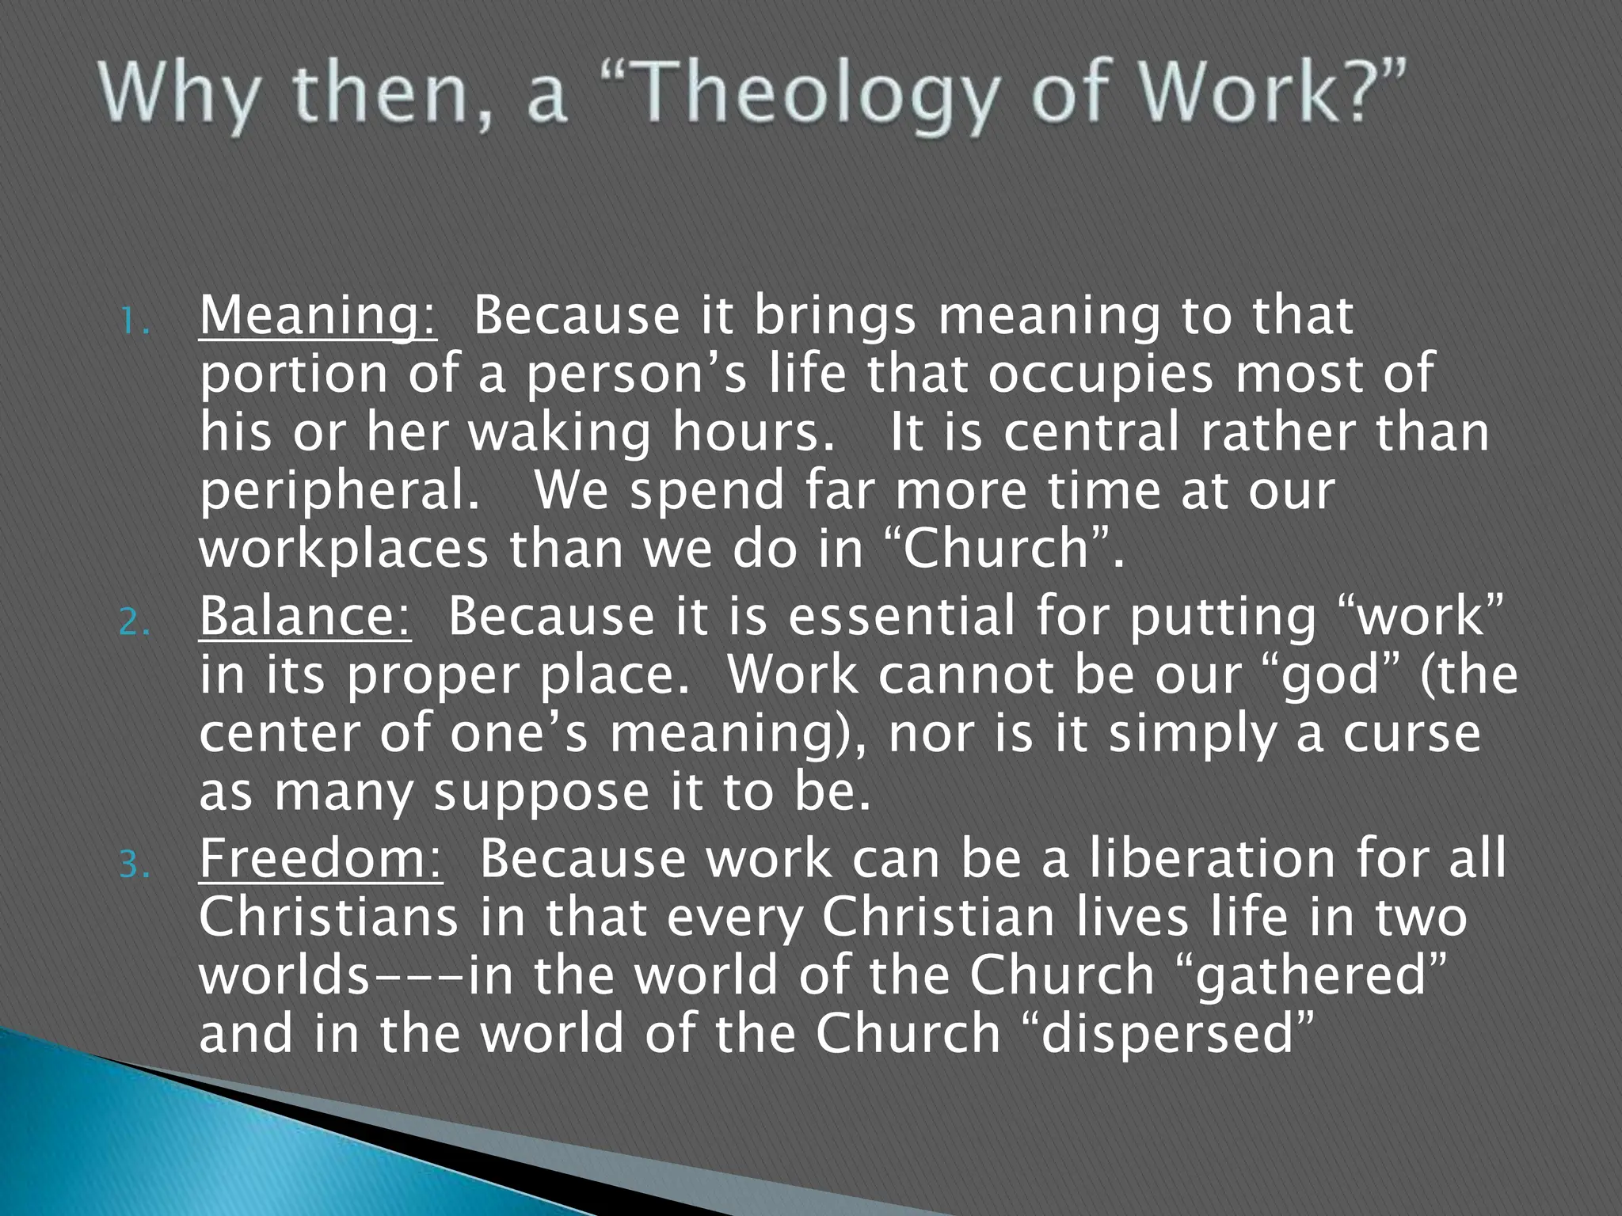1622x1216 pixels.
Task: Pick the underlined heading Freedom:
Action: [321, 859]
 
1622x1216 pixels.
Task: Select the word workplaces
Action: [344, 549]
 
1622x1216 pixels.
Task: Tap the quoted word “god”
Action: [1331, 675]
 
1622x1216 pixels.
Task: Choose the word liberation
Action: [1212, 859]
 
